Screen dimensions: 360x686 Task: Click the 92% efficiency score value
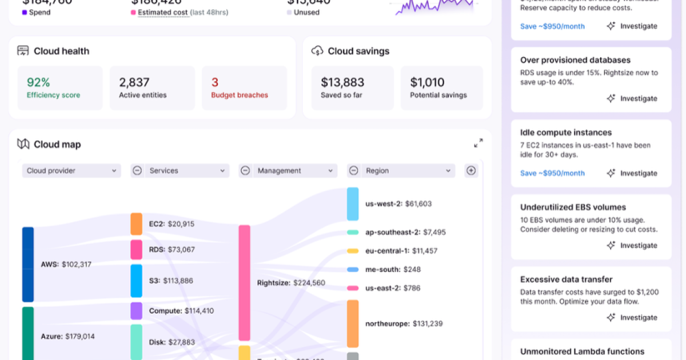click(x=38, y=82)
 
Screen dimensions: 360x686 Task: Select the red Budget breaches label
click(x=240, y=95)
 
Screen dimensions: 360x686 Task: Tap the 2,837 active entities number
click(x=134, y=82)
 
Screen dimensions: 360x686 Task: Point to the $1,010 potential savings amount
click(x=427, y=82)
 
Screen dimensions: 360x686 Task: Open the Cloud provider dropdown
click(x=71, y=171)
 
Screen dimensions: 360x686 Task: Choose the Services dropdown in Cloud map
click(x=186, y=171)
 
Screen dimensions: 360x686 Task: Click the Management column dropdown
click(x=294, y=171)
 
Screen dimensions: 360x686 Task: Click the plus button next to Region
click(x=471, y=170)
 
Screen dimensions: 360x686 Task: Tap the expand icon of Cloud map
click(x=478, y=143)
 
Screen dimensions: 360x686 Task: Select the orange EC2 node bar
click(x=136, y=224)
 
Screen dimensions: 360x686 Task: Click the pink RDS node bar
click(x=136, y=250)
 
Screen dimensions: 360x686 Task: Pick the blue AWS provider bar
click(x=28, y=265)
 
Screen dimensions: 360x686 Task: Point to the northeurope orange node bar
click(x=353, y=323)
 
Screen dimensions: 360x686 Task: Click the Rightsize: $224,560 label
click(x=291, y=283)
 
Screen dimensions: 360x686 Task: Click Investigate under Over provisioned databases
click(x=632, y=99)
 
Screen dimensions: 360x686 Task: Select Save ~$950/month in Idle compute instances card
click(x=552, y=173)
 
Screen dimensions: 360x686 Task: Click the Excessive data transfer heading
click(x=566, y=279)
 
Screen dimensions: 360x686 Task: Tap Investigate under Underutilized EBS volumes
click(x=632, y=246)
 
